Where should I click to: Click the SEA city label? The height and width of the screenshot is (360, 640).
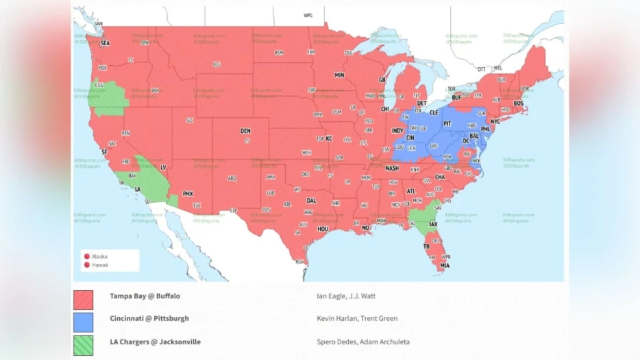(105, 43)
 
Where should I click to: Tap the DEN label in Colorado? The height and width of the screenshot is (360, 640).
(245, 131)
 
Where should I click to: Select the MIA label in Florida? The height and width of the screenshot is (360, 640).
(445, 265)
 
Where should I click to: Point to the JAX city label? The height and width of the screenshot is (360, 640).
(433, 224)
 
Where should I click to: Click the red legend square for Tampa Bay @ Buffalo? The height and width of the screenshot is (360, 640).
(84, 300)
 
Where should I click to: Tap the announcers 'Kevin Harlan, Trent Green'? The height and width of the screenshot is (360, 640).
(356, 318)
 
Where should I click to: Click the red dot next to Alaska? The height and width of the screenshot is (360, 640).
(87, 256)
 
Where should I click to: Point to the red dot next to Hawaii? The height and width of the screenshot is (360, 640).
(87, 265)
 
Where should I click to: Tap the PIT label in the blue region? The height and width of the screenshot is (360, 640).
(447, 124)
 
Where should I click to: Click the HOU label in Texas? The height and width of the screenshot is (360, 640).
(323, 229)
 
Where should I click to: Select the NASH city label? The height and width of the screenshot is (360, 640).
(392, 168)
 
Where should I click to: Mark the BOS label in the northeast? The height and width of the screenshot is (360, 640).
(518, 103)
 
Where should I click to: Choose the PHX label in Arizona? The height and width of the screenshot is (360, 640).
(188, 194)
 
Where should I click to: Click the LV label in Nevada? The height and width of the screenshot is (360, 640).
(163, 167)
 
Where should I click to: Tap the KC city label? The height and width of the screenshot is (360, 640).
(329, 139)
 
